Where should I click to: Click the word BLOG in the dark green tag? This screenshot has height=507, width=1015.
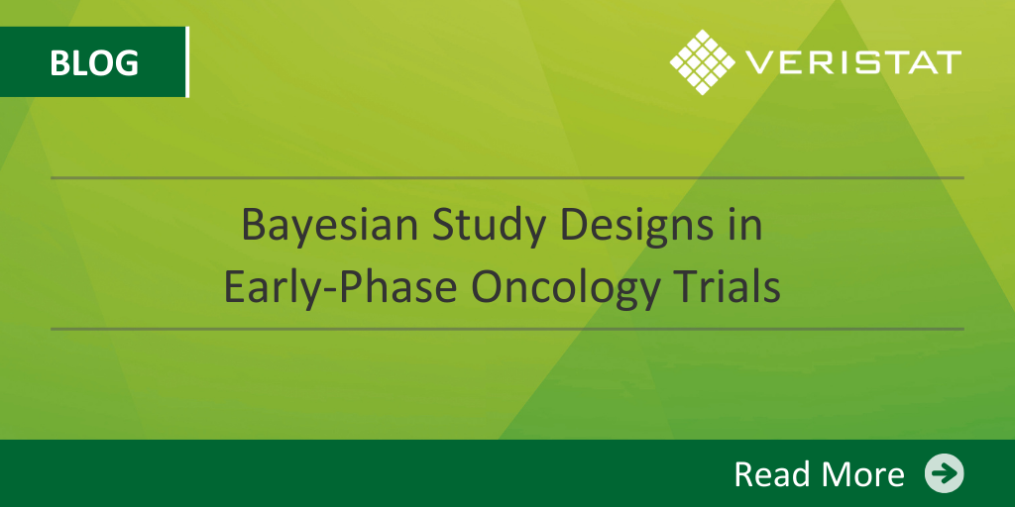point(94,62)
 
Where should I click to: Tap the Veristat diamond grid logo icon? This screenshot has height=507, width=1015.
point(703,62)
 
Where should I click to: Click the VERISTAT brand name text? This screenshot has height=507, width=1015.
point(853,62)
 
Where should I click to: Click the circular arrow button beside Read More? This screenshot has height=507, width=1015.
point(944,473)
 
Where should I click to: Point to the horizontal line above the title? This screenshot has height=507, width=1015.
point(507,177)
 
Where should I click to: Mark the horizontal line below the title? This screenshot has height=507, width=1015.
point(507,329)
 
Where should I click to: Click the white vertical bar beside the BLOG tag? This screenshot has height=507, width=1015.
point(187,62)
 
